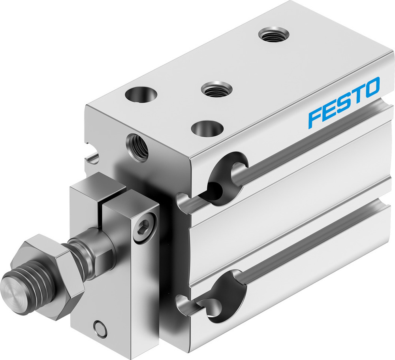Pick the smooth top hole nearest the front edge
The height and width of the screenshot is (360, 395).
tap(207, 128)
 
